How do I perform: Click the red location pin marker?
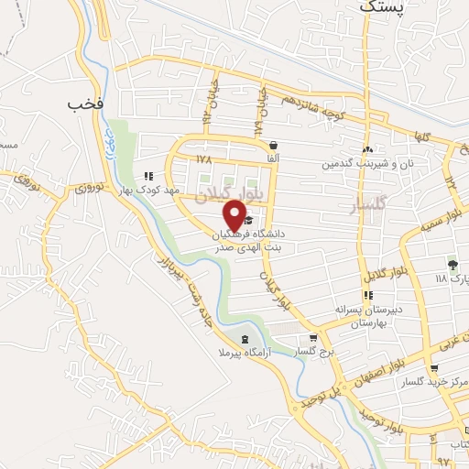pos(235,214)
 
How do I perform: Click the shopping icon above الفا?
pos(273,145)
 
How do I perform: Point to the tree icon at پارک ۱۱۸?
pos(452,263)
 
